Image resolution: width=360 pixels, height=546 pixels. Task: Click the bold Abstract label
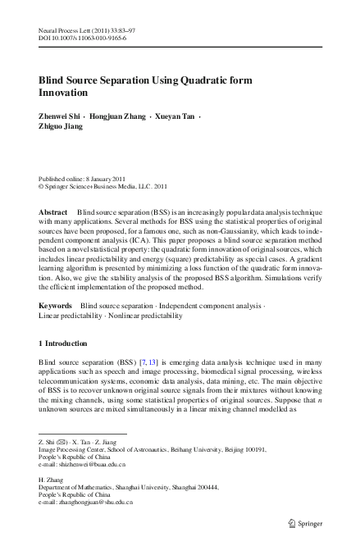pyautogui.click(x=53, y=212)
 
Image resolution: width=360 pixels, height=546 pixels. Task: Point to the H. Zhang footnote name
pyautogui.click(x=53, y=478)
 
